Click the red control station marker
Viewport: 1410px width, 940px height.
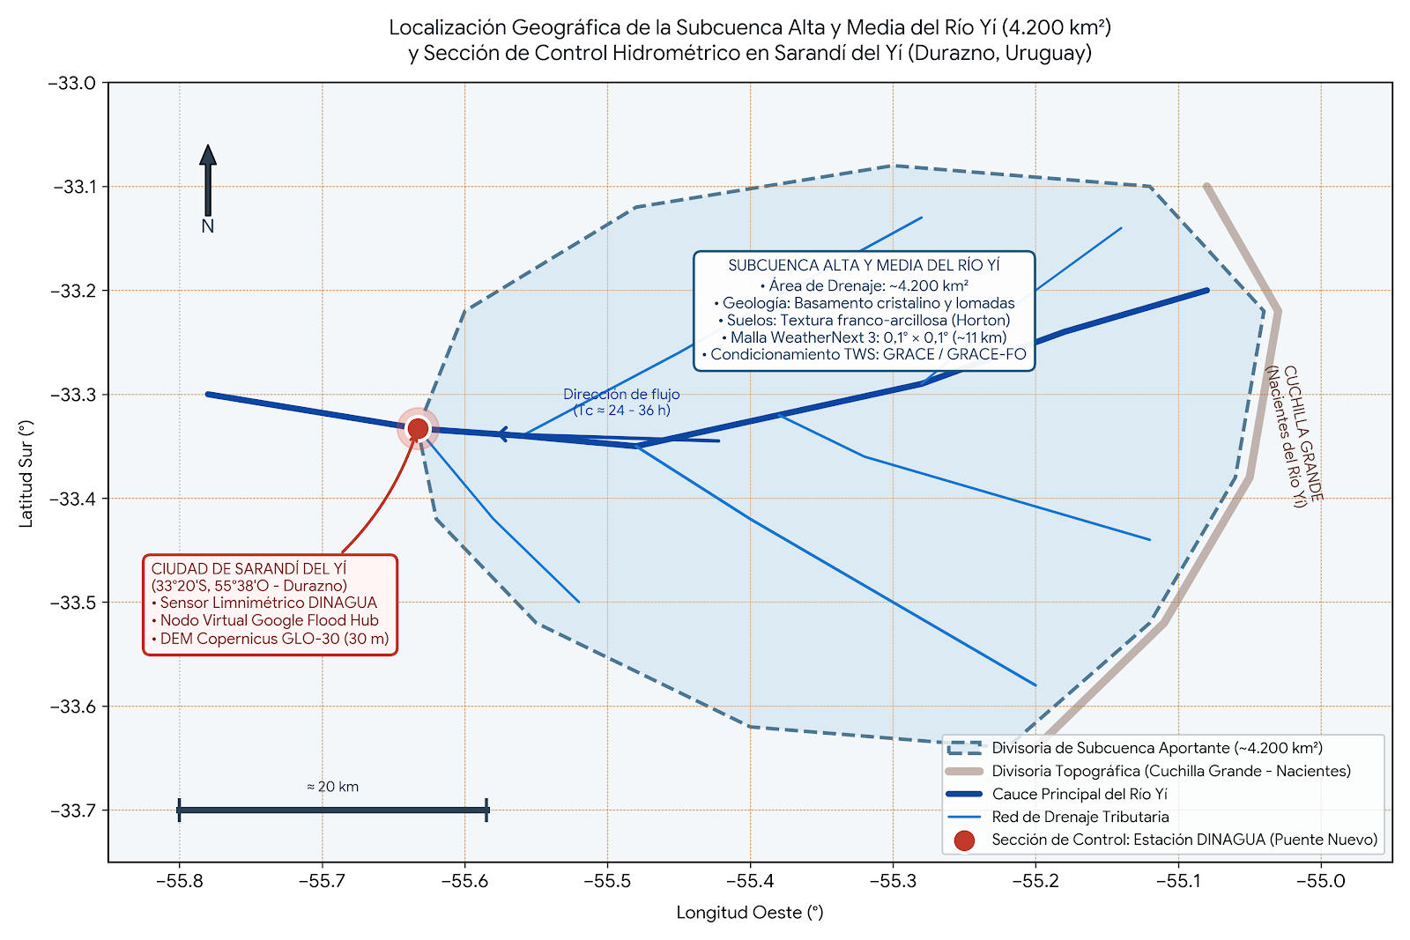pos(418,428)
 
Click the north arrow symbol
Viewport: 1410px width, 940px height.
pos(208,181)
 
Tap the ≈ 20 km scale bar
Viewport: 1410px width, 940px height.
pos(333,810)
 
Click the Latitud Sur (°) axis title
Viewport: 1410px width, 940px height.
pos(26,474)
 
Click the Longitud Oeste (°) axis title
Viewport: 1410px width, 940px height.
pos(750,913)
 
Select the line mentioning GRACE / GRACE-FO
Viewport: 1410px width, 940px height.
pos(865,354)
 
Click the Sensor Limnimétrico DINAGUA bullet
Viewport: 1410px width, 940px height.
pos(264,603)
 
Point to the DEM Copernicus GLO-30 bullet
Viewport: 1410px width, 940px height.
pos(270,639)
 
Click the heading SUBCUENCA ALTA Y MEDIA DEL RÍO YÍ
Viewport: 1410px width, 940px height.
pos(865,265)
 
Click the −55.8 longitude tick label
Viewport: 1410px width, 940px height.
pos(180,881)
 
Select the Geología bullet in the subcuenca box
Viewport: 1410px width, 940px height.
pos(865,303)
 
